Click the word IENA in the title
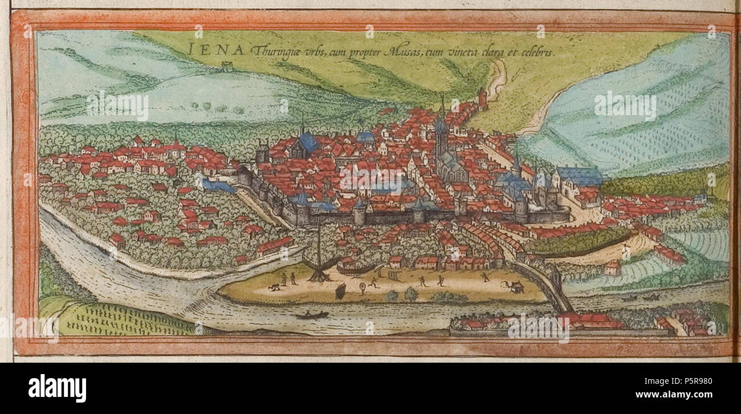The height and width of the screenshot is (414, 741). (x=216, y=50)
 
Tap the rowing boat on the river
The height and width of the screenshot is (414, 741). (x=311, y=314)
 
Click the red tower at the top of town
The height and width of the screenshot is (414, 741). (x=482, y=98)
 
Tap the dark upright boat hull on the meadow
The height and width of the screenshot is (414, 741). (x=340, y=291)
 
